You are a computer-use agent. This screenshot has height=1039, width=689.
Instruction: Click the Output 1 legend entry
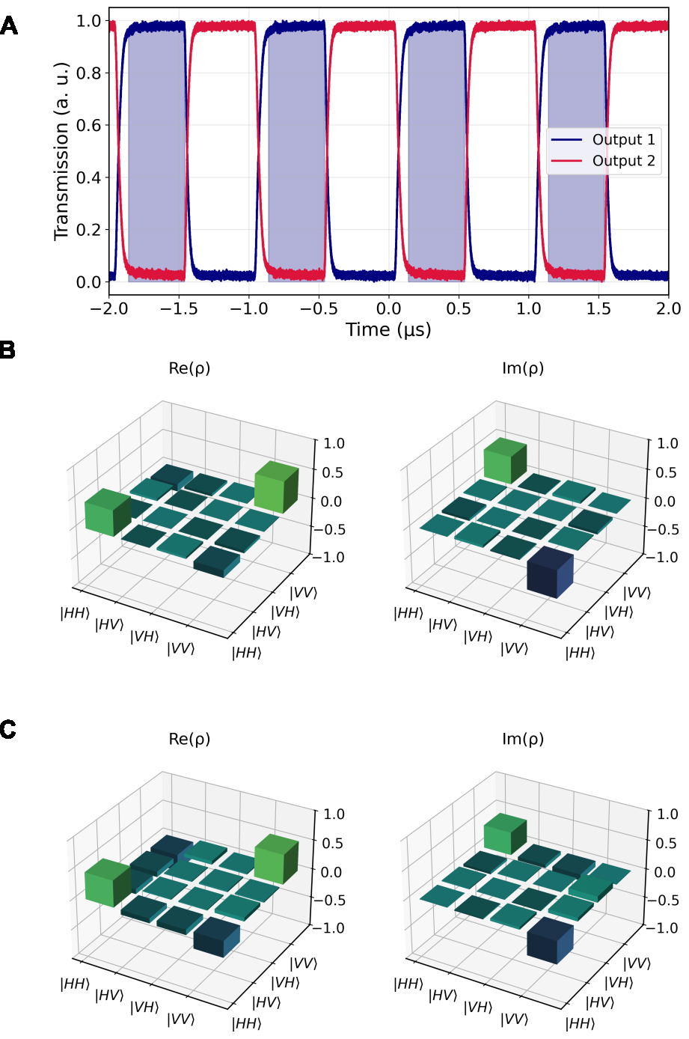pyautogui.click(x=603, y=140)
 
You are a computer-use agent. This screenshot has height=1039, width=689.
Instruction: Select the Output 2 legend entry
pyautogui.click(x=603, y=161)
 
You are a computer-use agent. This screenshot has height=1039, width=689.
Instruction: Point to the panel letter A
pyautogui.click(x=9, y=26)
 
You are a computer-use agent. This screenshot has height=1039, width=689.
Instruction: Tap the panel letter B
pyautogui.click(x=8, y=350)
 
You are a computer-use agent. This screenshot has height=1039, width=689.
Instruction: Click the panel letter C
pyautogui.click(x=8, y=730)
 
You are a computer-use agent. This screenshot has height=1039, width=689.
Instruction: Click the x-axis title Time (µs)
pyautogui.click(x=388, y=330)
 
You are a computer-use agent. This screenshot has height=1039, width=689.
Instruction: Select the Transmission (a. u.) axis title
pyautogui.click(x=61, y=151)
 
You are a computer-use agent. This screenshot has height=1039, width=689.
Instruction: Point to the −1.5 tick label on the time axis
pyautogui.click(x=179, y=308)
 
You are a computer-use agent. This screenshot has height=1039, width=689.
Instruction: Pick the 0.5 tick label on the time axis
pyautogui.click(x=459, y=308)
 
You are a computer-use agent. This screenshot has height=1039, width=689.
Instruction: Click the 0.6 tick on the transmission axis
pyautogui.click(x=88, y=125)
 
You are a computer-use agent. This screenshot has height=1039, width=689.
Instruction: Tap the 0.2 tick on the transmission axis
pyautogui.click(x=88, y=230)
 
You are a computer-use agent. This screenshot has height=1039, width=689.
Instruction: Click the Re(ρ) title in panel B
pyautogui.click(x=189, y=368)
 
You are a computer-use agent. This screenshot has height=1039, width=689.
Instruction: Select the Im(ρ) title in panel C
pyautogui.click(x=523, y=739)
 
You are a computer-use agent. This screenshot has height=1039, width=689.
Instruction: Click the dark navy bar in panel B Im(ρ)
pyautogui.click(x=551, y=573)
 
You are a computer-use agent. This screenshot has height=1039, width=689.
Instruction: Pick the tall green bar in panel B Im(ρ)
pyautogui.click(x=506, y=460)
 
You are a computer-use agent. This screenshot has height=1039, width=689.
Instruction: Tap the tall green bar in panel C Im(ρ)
pyautogui.click(x=506, y=834)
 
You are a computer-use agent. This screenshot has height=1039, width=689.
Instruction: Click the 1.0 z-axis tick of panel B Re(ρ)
pyautogui.click(x=334, y=443)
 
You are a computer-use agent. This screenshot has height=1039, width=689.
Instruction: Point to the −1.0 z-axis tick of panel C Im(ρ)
pyautogui.click(x=662, y=927)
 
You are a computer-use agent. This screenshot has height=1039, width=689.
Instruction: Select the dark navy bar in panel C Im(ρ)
pyautogui.click(x=551, y=940)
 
